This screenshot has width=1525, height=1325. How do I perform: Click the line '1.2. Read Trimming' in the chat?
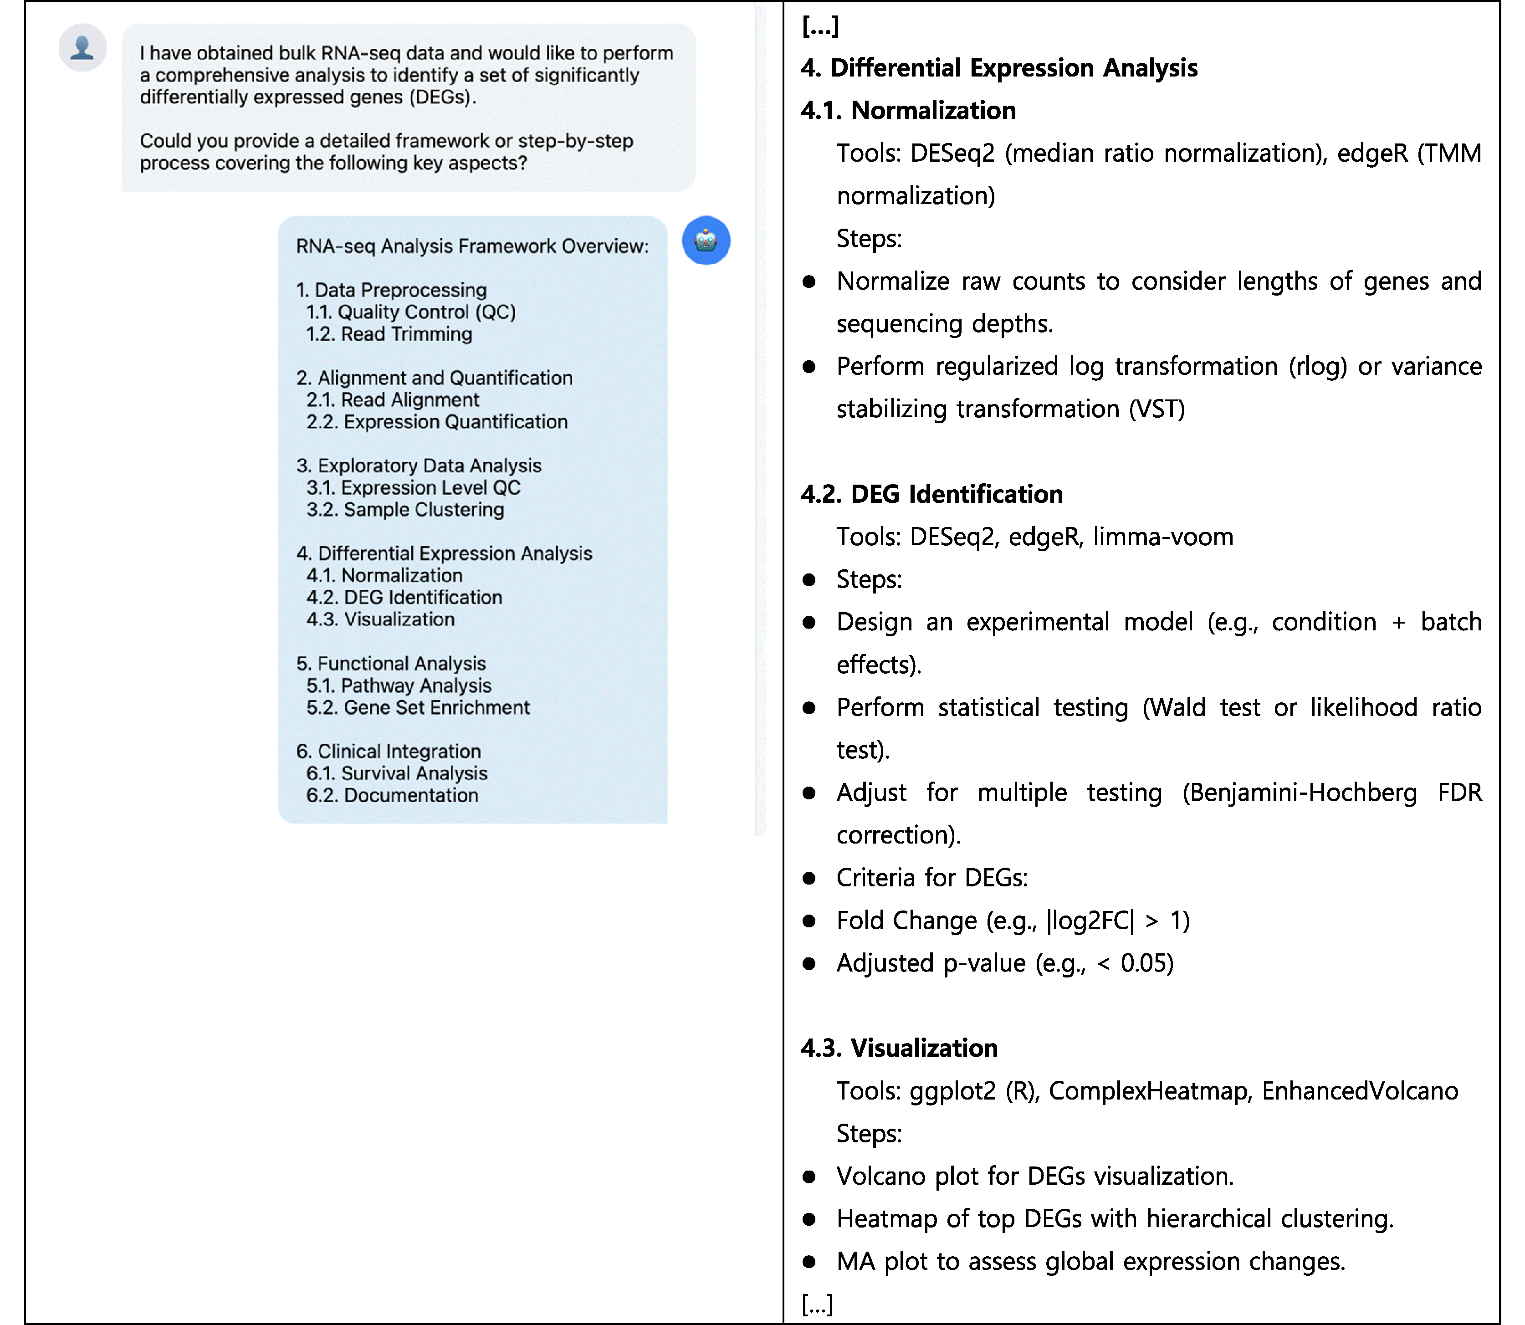[389, 334]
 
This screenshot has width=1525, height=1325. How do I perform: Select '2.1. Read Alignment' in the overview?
[393, 400]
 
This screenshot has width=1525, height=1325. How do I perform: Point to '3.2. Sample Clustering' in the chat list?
[405, 509]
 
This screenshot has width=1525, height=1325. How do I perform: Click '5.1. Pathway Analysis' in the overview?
[399, 686]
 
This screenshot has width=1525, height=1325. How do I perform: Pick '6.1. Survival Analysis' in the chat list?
[397, 773]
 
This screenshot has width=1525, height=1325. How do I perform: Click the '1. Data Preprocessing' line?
[391, 290]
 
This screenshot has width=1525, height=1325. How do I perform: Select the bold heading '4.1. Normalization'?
[909, 110]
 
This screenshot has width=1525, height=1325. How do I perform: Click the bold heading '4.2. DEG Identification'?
[931, 494]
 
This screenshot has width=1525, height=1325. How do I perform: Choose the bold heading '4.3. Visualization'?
[899, 1048]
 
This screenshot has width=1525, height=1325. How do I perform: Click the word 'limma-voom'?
[1163, 537]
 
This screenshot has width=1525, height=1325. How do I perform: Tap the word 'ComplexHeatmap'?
[1148, 1090]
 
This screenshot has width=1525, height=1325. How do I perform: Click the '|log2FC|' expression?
[1090, 921]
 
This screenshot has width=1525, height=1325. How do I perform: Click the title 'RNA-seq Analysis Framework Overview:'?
[472, 246]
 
